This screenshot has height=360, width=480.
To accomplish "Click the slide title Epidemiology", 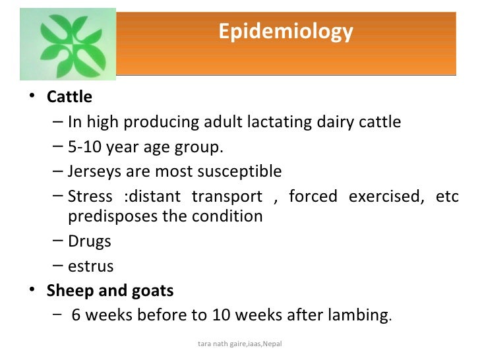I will coord(285,32).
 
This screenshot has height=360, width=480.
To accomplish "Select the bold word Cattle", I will coord(69,97).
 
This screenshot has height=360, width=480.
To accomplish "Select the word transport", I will coord(226,196).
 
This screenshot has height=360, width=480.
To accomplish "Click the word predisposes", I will coord(109,216).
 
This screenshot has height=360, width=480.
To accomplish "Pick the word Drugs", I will coord(89,241).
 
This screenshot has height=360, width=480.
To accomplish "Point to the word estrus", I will coord(90,266).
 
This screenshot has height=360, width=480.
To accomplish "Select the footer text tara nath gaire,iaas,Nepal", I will coord(239,344).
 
